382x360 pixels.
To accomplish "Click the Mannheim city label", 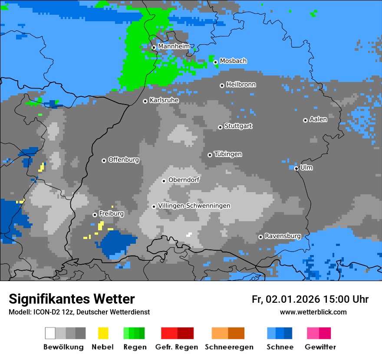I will coord(174,46).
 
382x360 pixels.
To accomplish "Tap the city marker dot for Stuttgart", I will coord(220,127).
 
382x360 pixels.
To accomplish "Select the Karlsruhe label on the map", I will coord(164,100).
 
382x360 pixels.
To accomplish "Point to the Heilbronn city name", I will coord(241,85).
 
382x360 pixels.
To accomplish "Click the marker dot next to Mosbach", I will coord(215,62).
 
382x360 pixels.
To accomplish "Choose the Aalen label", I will coord(318,119).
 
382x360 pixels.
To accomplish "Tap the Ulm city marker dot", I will coord(296,168).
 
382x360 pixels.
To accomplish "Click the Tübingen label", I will coord(228,154).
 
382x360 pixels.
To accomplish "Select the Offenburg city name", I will coord(124,160).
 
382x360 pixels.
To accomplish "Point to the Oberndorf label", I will coord(184,180).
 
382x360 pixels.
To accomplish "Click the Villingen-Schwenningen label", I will coord(194,206).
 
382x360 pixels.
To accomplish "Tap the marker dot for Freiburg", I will coord(95,215).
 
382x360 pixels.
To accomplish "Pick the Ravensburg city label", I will coord(283,236).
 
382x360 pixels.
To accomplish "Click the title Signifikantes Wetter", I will coord(72,299).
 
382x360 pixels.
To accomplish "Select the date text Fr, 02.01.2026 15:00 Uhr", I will coord(310,299).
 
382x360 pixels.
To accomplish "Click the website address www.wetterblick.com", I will coord(313,312).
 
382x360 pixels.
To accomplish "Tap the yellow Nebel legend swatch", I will coord(103,333).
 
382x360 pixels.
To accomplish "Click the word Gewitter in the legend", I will coord(320,347).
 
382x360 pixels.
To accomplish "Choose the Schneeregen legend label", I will coord(229,347).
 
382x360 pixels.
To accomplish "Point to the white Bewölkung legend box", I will coord(50,333).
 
